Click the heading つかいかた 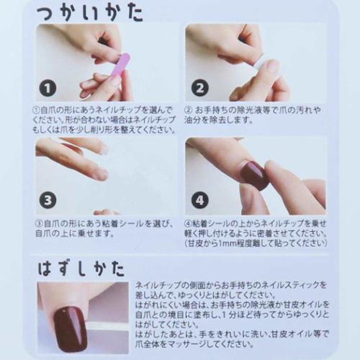pyautogui.click(x=90, y=12)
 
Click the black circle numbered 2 pyautogui.click(x=199, y=89)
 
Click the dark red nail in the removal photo pyautogui.click(x=70, y=328)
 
